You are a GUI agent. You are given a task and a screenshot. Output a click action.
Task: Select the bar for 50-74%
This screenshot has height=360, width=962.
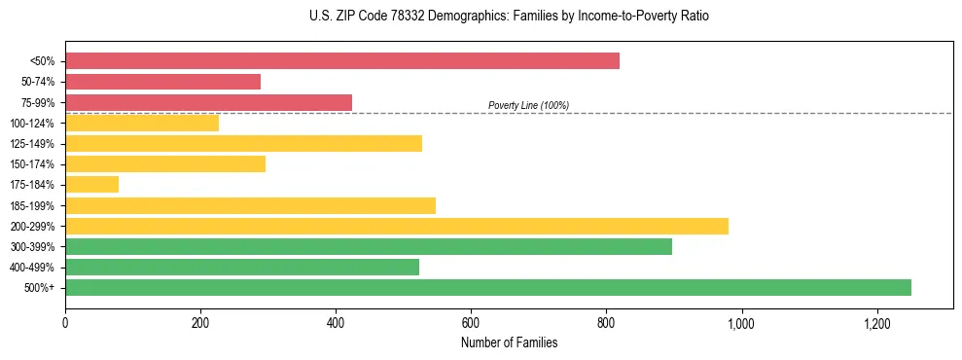tap(163, 82)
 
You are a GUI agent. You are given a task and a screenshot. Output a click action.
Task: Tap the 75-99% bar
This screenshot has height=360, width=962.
tap(208, 102)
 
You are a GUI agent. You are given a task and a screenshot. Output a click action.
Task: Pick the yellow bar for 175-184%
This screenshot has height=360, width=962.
tap(91, 185)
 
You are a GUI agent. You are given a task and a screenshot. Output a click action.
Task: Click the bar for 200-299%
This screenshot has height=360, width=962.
tap(397, 226)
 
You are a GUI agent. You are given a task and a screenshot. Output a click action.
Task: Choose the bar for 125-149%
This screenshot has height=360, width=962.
tap(243, 144)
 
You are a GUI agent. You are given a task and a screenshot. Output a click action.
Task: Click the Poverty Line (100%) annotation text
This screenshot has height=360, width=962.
tap(528, 105)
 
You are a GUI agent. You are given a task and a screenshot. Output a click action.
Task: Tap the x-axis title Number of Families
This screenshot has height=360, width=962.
tap(509, 342)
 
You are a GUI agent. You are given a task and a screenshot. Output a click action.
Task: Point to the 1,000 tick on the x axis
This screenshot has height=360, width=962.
tap(741, 322)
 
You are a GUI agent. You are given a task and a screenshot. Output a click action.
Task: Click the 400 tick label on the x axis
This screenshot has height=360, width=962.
tap(336, 322)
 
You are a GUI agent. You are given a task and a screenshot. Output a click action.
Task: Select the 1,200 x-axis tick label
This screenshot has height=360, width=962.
tap(876, 322)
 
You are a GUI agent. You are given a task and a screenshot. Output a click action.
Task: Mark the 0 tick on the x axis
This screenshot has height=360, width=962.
tap(65, 322)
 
